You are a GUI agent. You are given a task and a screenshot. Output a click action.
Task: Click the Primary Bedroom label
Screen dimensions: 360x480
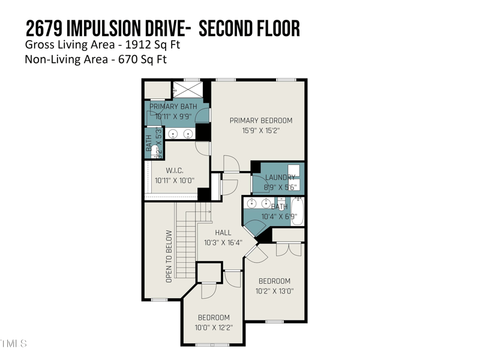[x=261, y=121]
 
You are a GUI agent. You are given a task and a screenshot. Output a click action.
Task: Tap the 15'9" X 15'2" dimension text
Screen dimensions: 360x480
[x=261, y=130]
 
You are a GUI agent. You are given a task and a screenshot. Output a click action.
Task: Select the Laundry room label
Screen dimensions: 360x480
[x=280, y=178]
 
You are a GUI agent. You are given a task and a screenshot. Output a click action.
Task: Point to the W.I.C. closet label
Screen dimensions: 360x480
[x=175, y=171]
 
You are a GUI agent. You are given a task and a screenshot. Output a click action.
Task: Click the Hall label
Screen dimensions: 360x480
[x=223, y=233]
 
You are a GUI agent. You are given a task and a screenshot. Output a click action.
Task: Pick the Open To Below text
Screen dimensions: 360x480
[x=169, y=256]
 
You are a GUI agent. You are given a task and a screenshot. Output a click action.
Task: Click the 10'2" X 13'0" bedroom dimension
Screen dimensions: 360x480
[x=274, y=291]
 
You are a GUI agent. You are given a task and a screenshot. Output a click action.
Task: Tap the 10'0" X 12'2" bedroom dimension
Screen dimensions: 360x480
[x=214, y=328]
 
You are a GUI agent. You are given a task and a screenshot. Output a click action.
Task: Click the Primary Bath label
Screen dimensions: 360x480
[x=173, y=107]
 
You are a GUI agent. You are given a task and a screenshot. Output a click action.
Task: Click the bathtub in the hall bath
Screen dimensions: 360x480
[x=298, y=211]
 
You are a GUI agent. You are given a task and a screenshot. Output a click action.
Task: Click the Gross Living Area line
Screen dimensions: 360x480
[x=103, y=44]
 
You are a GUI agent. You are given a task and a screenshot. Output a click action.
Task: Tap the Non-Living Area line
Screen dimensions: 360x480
[x=95, y=59]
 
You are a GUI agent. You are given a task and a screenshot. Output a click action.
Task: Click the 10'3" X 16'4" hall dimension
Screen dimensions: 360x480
[x=223, y=242]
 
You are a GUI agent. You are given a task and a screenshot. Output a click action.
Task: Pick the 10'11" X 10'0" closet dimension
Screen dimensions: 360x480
[x=175, y=180]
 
